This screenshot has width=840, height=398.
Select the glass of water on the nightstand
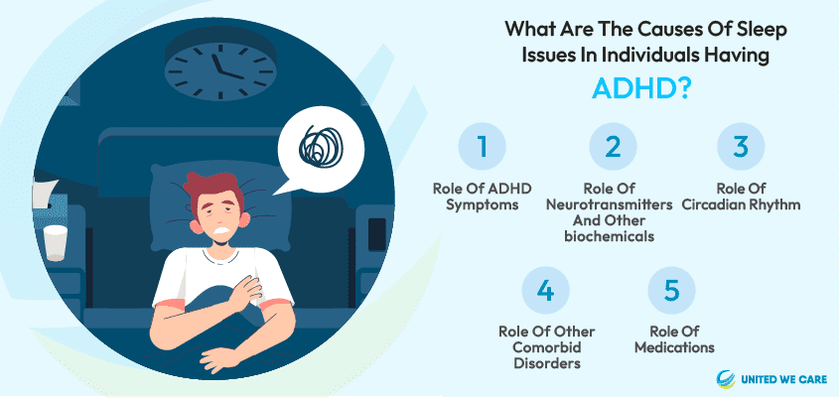(56, 242)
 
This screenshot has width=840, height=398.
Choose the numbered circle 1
(482, 146)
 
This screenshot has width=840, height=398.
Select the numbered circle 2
(613, 146)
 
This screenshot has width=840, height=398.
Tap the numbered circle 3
(741, 146)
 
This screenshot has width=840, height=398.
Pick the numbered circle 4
(545, 291)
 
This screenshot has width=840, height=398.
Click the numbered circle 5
(671, 291)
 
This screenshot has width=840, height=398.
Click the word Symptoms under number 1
(483, 204)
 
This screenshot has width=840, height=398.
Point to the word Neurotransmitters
(609, 204)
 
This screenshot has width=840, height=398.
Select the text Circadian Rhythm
(741, 204)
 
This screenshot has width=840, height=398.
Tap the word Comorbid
(546, 347)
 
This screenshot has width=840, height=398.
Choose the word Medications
(674, 347)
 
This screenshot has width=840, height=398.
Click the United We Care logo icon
(726, 379)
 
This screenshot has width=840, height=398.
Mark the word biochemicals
(609, 236)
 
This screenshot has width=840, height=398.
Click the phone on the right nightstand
(376, 234)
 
